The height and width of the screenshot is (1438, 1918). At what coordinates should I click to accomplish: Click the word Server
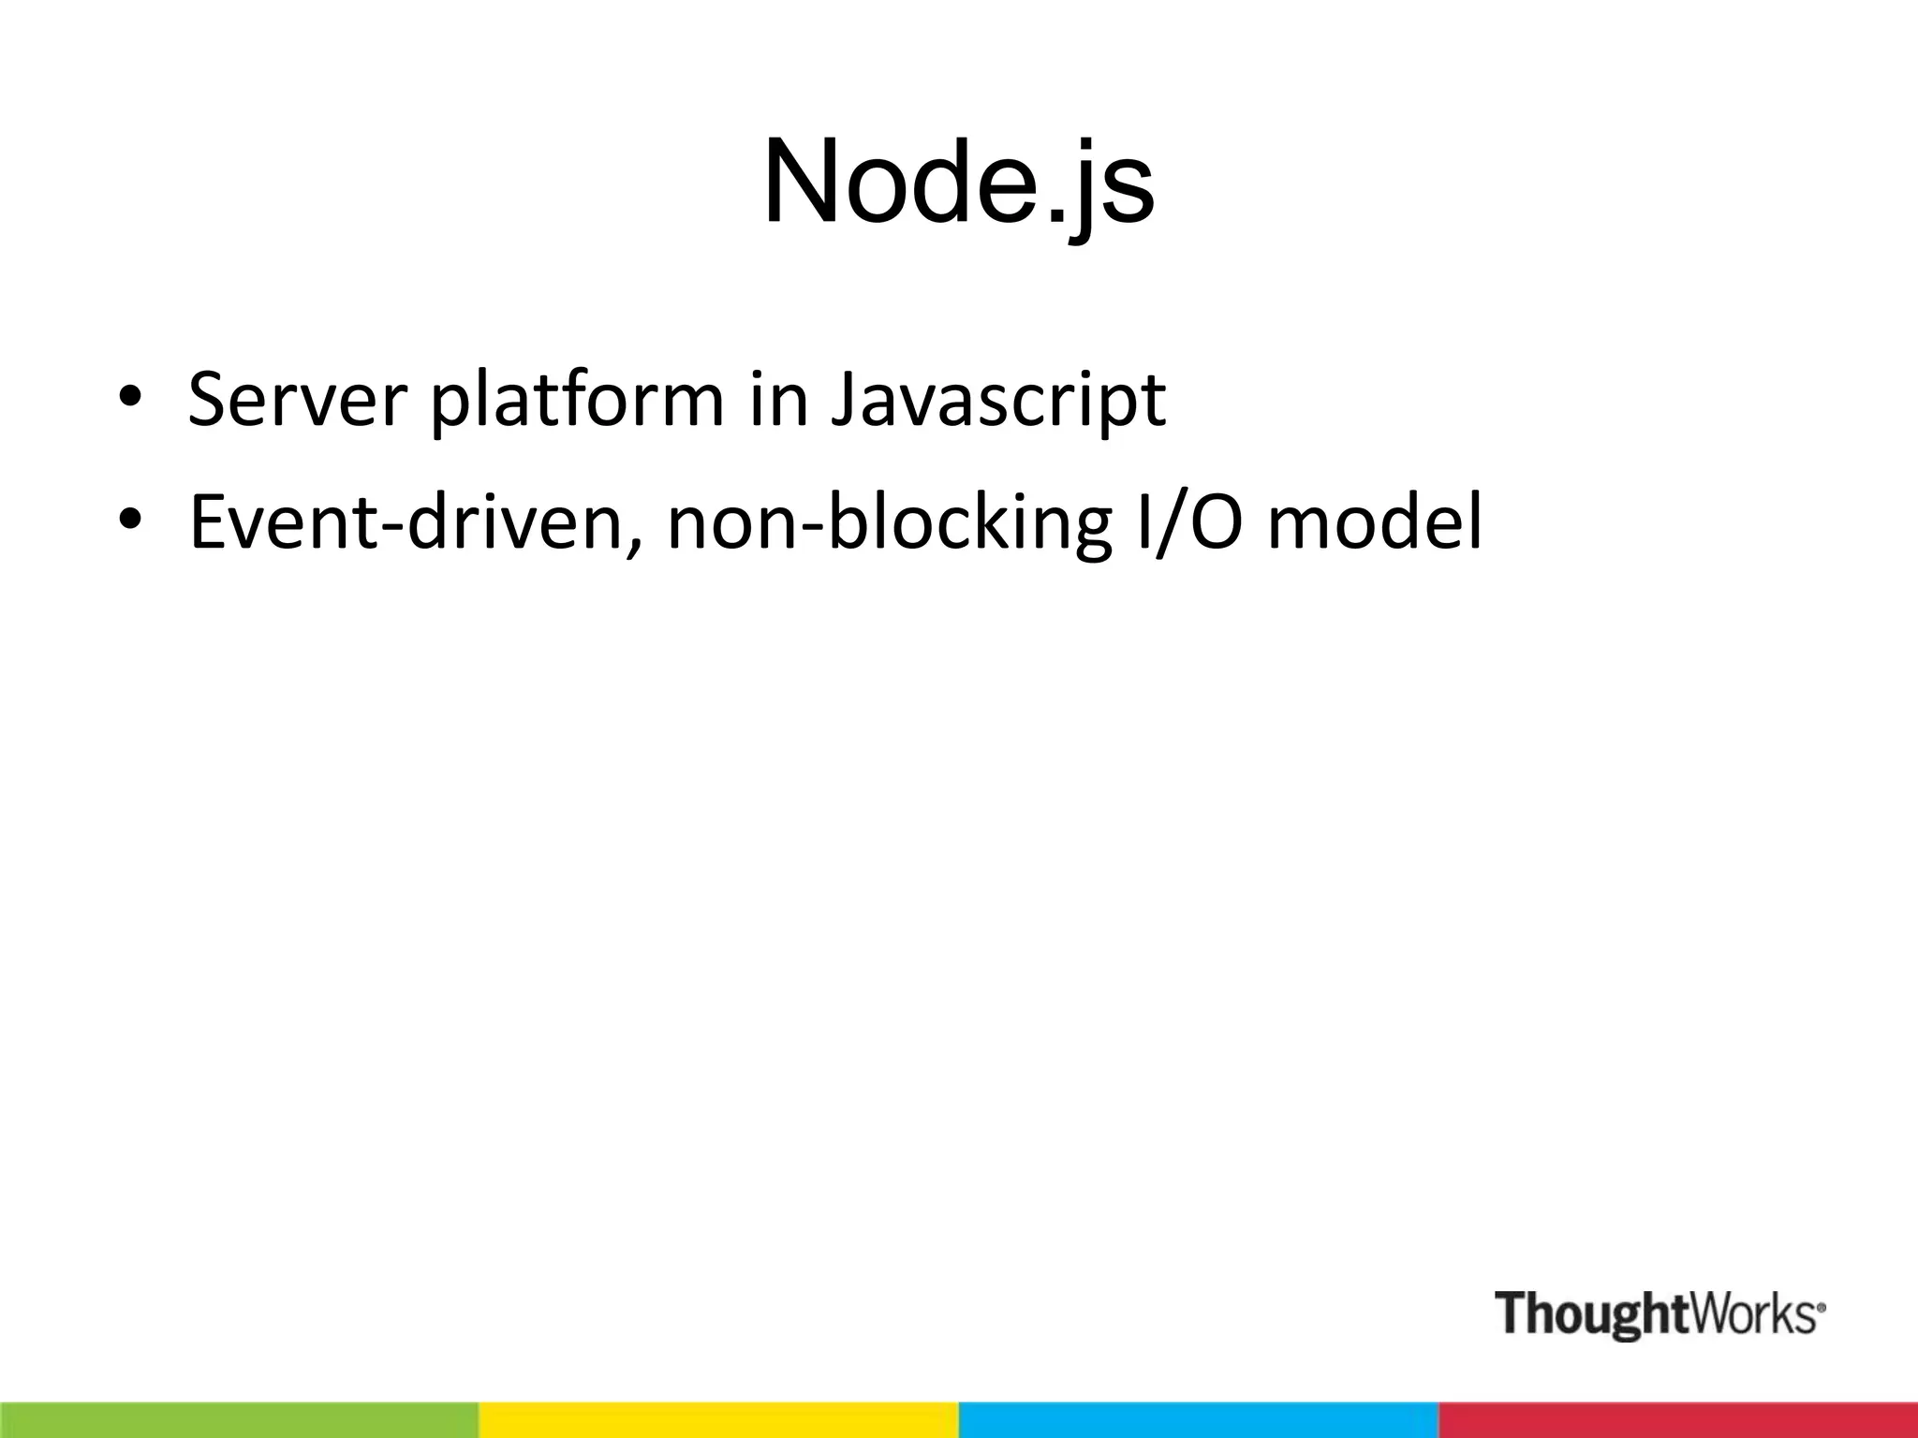[x=297, y=400]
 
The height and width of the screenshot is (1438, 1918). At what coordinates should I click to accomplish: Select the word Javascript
[x=998, y=400]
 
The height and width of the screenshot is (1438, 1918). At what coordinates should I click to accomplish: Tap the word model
[x=1375, y=521]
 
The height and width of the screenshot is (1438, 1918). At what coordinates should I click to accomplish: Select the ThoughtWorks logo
[x=1659, y=1313]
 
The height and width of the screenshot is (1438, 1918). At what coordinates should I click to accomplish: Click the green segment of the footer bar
[x=240, y=1419]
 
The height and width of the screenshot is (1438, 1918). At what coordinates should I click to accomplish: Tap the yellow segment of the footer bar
[x=719, y=1419]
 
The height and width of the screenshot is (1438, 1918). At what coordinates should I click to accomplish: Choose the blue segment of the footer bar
[x=1199, y=1419]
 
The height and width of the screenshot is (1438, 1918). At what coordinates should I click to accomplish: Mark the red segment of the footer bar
[x=1678, y=1419]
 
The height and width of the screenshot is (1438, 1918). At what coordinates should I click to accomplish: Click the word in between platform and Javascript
[x=778, y=400]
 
